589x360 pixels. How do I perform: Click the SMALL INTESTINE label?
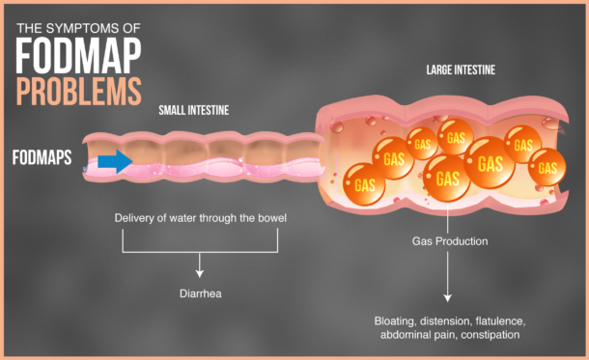click(194, 110)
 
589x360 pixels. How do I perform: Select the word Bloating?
click(398, 319)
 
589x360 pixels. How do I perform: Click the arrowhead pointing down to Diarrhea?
click(199, 272)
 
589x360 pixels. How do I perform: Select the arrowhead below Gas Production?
click(447, 298)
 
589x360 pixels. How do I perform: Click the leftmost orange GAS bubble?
click(365, 183)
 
